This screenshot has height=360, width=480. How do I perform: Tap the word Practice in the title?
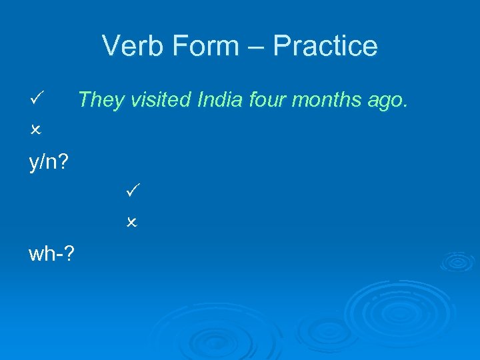point(325,46)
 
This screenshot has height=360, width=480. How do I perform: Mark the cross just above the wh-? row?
point(131,222)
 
